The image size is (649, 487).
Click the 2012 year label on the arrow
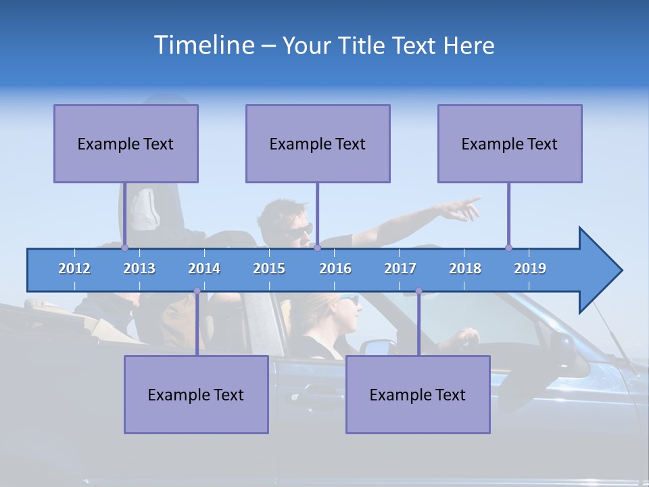(x=74, y=269)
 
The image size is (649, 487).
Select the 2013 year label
(x=139, y=269)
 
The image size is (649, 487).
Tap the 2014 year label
(x=204, y=269)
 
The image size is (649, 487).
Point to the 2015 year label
(x=269, y=269)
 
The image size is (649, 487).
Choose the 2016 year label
(x=335, y=269)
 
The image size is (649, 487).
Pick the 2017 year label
(x=400, y=269)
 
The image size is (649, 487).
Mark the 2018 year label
(x=465, y=269)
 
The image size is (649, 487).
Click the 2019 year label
(x=530, y=269)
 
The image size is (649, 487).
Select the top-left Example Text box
(x=126, y=143)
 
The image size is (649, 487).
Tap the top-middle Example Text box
(x=318, y=143)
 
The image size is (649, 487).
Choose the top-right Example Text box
(x=510, y=143)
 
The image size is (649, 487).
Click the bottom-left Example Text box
(x=196, y=394)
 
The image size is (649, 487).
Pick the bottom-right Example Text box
(x=418, y=394)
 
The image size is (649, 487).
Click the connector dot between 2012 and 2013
(x=124, y=248)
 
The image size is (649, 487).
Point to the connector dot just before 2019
(x=508, y=248)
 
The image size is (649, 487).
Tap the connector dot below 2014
(x=197, y=291)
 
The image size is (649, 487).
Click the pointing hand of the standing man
(x=466, y=208)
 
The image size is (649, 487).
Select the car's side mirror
(x=378, y=347)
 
